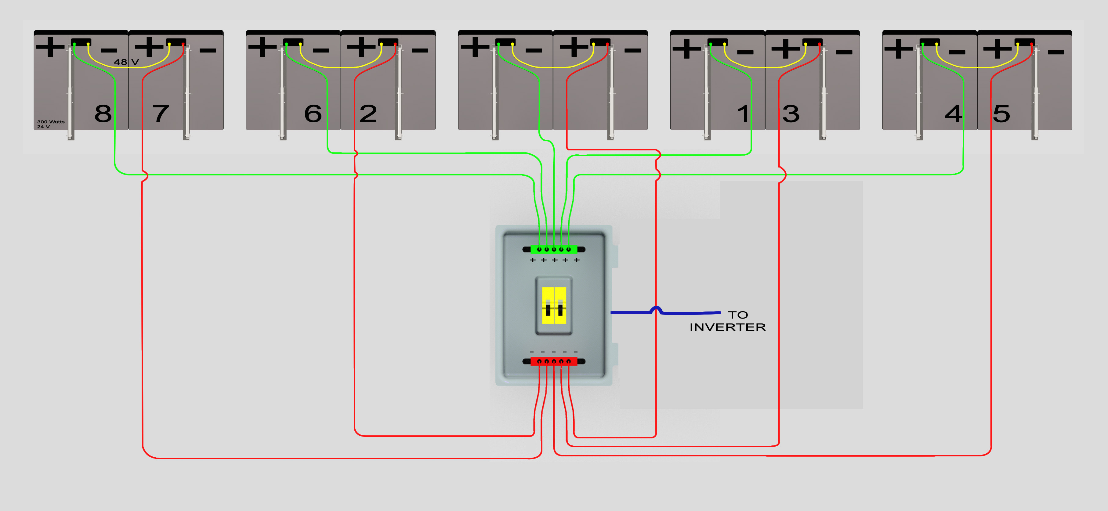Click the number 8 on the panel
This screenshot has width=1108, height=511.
[x=103, y=114]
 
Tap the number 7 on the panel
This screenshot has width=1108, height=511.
[x=161, y=114]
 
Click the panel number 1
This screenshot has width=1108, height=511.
[x=743, y=114]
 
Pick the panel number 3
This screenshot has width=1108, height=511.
[x=791, y=114]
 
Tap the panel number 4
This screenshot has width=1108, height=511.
[x=954, y=114]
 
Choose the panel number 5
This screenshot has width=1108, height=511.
[x=1001, y=114]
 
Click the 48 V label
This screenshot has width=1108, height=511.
[x=126, y=62]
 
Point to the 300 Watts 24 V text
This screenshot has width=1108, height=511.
[x=51, y=124]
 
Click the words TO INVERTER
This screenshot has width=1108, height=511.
[x=728, y=321]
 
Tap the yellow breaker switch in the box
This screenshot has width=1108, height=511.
[x=554, y=306]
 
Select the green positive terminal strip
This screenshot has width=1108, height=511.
[x=554, y=249]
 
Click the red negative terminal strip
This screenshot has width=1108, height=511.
[x=554, y=362]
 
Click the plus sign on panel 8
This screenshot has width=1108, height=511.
[x=50, y=47]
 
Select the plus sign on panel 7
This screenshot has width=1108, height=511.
[x=149, y=47]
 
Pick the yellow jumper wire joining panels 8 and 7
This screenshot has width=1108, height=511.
[x=129, y=67]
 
